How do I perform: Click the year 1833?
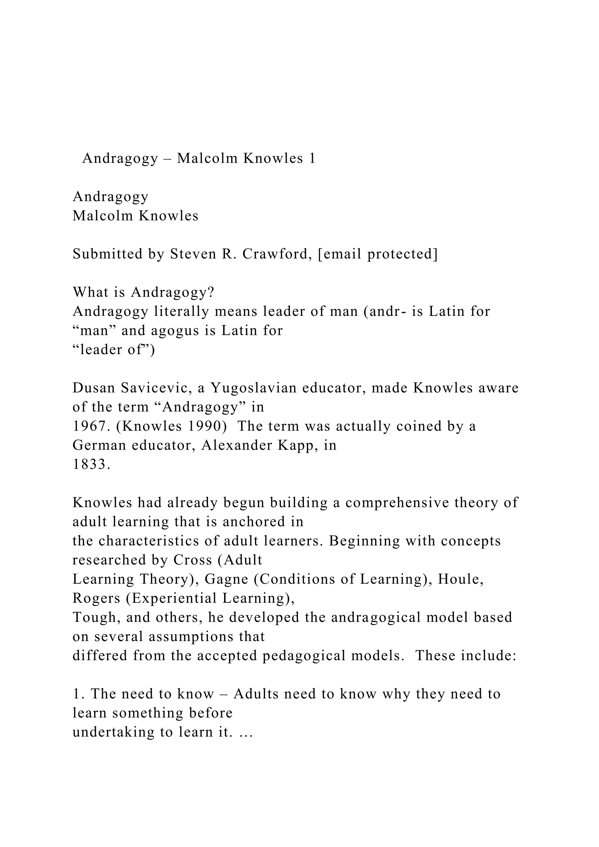coord(90,464)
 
